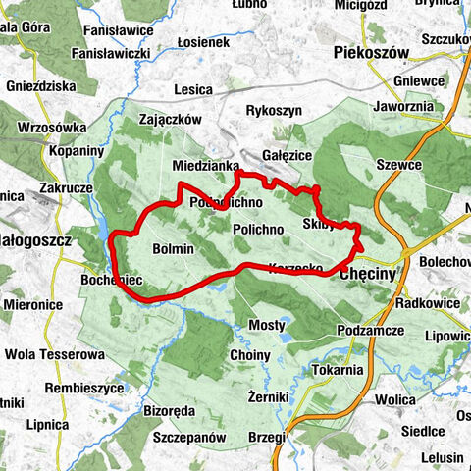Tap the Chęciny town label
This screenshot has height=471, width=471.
[x=369, y=276]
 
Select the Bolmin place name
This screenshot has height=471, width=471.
[x=174, y=250]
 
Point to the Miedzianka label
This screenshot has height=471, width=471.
[x=204, y=166]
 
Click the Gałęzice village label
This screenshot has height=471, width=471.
[x=288, y=155]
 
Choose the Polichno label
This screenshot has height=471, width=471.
[x=258, y=229]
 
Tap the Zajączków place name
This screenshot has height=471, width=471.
[x=171, y=119]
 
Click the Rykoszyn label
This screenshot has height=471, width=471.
[x=274, y=111]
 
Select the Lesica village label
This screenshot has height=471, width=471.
[x=192, y=90]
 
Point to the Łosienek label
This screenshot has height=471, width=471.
[x=204, y=43]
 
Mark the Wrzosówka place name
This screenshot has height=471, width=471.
[x=47, y=127]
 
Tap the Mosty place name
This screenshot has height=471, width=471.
[x=266, y=325]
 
